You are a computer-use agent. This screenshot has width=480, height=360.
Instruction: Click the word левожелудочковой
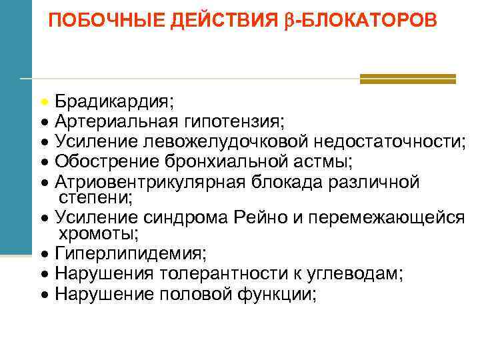pyautogui.click(x=230, y=141)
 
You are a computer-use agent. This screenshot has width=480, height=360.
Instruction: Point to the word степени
pyautogui.click(x=95, y=197)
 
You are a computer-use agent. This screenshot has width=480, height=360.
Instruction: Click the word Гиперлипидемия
pyautogui.click(x=131, y=254)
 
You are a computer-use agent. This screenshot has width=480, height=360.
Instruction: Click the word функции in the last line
pyautogui.click(x=275, y=293)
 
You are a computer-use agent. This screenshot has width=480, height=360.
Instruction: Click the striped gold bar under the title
pyautogui.click(x=407, y=79)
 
